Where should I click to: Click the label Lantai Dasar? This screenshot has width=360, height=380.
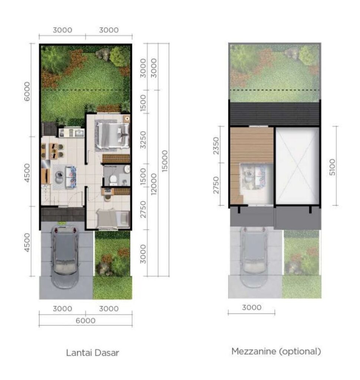coord(92,353)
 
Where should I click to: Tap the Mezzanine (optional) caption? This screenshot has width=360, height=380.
coord(276,351)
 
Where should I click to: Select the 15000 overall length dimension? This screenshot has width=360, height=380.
coord(165,161)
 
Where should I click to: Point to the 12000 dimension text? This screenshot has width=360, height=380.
coord(154,184)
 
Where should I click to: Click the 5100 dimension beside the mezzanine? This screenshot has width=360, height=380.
coord(332,167)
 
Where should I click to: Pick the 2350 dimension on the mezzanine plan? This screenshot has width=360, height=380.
coord(216,145)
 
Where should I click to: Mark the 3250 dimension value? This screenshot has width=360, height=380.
coord(143,140)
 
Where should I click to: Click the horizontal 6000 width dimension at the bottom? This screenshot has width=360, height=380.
coord(86,320)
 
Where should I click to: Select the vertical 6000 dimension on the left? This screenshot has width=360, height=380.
coord(27,91)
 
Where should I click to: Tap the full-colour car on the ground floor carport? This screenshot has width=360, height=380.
coord(65,257)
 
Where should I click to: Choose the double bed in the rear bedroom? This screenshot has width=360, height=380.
coord(112,136)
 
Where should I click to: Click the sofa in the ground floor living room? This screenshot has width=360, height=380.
coord(71,177)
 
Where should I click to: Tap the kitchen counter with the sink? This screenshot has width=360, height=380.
coord(72,133)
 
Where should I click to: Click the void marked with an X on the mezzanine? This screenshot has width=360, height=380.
coord(298,166)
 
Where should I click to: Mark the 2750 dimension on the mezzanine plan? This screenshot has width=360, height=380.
coord(216,185)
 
